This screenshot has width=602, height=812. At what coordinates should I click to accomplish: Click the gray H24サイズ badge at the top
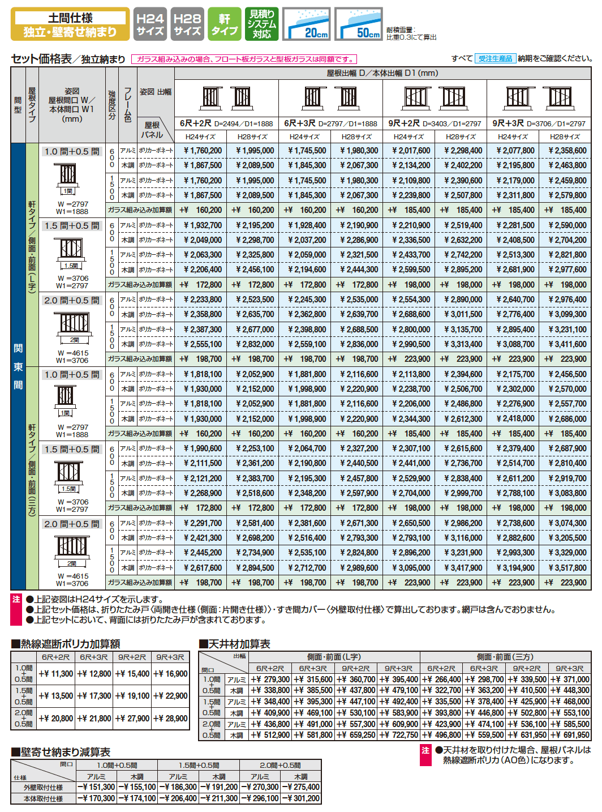[x=150, y=24]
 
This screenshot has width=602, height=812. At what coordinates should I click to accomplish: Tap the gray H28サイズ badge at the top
[x=187, y=24]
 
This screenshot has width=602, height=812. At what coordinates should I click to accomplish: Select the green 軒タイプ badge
[x=224, y=24]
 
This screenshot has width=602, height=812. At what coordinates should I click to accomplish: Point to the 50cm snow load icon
[x=358, y=24]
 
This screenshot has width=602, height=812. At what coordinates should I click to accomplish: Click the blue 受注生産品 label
[x=495, y=58]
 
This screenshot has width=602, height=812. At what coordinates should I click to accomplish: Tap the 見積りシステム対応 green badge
[x=261, y=24]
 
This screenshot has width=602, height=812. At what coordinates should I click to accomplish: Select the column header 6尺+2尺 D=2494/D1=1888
[x=226, y=123]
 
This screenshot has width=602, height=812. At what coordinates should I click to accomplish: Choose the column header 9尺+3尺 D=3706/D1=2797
[x=539, y=123]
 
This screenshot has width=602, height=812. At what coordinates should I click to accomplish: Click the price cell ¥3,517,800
[x=566, y=567]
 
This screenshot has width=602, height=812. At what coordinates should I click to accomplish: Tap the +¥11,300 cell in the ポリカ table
[x=57, y=674]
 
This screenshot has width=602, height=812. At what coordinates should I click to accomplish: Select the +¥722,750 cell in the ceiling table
[x=399, y=735]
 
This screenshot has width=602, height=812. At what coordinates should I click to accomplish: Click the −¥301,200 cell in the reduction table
[x=301, y=798]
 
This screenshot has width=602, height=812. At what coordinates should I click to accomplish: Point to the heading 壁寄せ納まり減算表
[x=61, y=752]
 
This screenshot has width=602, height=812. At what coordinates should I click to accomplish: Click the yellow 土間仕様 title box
[x=70, y=24]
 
